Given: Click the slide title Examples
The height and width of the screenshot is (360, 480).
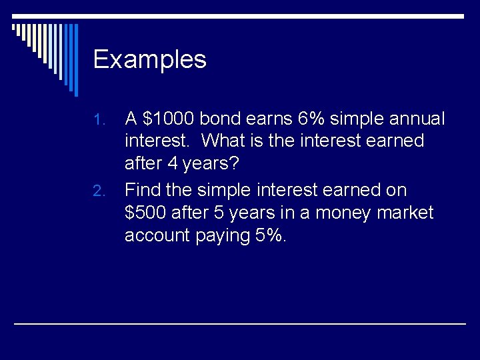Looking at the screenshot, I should tap(150, 60).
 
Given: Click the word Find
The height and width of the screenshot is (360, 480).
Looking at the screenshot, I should tap(143, 190).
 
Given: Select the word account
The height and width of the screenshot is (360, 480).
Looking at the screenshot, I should tap(157, 236).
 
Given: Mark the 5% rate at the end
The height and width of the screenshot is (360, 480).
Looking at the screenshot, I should tap(270, 236).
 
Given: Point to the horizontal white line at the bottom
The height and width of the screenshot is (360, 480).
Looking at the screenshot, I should tap(240, 323).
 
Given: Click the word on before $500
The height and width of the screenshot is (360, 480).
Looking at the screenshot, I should tap(393, 190).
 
